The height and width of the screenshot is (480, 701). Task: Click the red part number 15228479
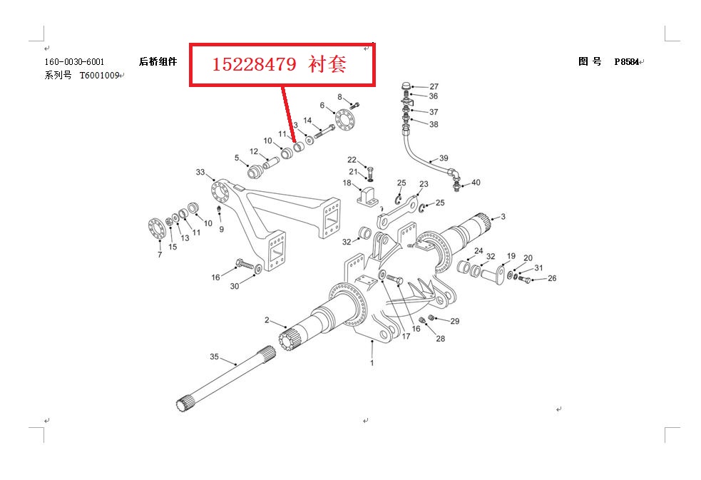(x=254, y=65)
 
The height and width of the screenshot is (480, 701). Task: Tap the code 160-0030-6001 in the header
(x=74, y=62)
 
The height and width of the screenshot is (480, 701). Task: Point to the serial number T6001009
(x=98, y=75)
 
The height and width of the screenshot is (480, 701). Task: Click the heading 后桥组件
(x=158, y=62)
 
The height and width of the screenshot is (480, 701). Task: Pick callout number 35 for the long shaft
(x=214, y=357)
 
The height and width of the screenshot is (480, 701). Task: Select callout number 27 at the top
(x=434, y=86)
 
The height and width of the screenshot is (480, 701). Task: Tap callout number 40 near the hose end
(x=476, y=183)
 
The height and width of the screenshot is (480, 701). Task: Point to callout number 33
(x=200, y=172)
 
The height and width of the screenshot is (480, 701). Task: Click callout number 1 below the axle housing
(x=372, y=363)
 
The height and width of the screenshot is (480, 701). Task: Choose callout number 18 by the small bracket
(x=347, y=184)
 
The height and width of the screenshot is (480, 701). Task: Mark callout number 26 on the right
(x=552, y=279)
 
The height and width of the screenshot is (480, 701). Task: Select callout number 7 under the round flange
(x=159, y=254)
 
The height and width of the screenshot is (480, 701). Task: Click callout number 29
(x=455, y=322)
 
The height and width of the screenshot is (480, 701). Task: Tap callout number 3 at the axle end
(x=503, y=216)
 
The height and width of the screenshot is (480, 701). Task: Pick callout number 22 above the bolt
(x=352, y=159)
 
